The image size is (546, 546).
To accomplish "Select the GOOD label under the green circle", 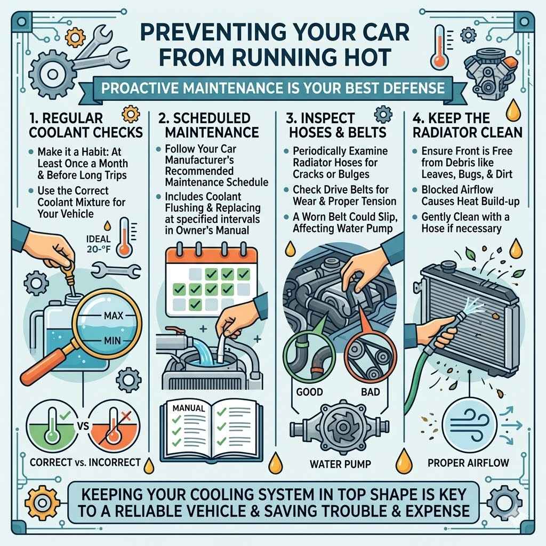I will (x=309, y=391).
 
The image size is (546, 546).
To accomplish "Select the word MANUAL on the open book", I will (x=189, y=408).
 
